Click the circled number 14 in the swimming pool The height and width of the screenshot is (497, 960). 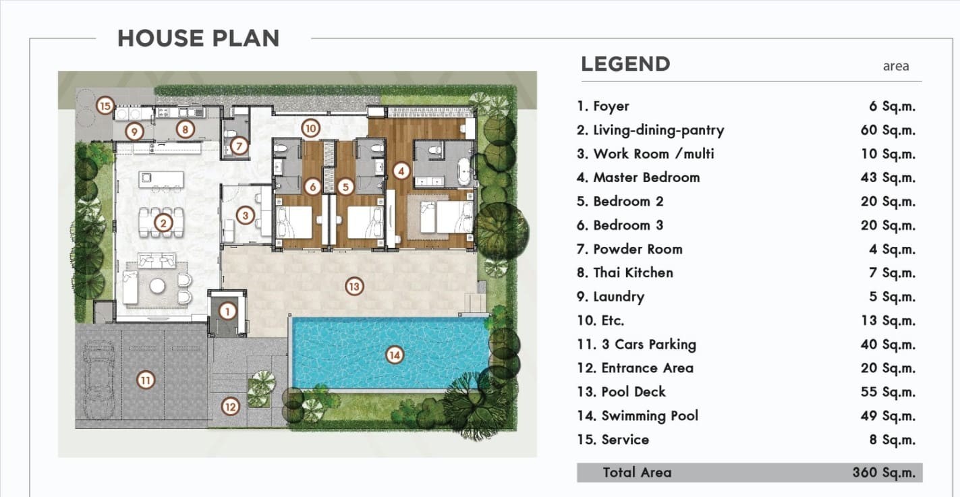[x=394, y=355]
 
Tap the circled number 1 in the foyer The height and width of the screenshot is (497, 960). [x=227, y=312]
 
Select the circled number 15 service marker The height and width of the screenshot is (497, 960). [x=105, y=105]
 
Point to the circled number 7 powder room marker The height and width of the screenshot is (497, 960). [x=239, y=146]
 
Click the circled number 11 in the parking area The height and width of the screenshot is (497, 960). [x=146, y=380]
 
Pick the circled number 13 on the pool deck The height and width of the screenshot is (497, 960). [x=354, y=286]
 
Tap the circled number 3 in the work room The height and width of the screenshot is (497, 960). [x=246, y=216]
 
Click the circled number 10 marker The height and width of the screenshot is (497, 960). [x=311, y=128]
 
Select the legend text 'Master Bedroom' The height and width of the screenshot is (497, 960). [x=646, y=177]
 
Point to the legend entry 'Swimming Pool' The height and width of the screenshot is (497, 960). [x=650, y=415]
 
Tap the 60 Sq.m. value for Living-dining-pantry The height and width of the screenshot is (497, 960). [x=888, y=130]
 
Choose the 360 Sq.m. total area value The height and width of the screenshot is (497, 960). [x=884, y=472]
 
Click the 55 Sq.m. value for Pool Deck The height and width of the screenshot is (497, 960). [x=888, y=392]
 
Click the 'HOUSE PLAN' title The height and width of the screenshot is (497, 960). [x=198, y=38]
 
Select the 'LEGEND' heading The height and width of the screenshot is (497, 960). [x=625, y=64]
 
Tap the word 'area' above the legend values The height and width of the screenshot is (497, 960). [x=896, y=66]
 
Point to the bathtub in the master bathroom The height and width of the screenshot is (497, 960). [x=465, y=171]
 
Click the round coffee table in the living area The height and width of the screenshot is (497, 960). [x=157, y=286]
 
